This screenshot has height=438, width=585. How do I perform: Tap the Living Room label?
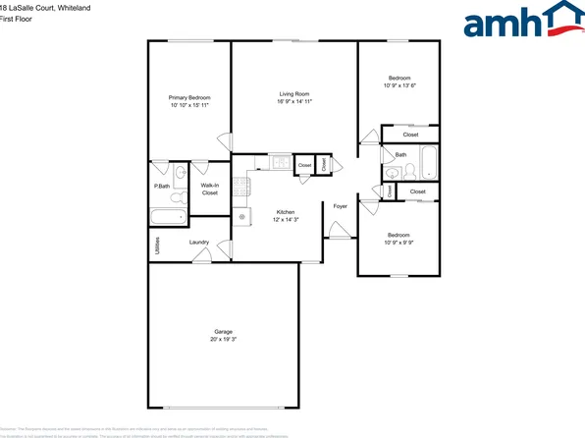[294, 94]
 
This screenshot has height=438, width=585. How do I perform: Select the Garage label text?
[223, 331]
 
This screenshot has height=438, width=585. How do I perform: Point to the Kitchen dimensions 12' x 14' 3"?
[286, 220]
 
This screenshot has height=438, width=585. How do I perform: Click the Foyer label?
[341, 206]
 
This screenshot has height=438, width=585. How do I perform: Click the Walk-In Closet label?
[209, 189]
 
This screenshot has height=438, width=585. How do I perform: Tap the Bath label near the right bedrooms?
[400, 155]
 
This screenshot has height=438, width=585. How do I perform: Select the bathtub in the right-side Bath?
[429, 159]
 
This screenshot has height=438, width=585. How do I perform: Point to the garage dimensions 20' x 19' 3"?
[223, 339]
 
